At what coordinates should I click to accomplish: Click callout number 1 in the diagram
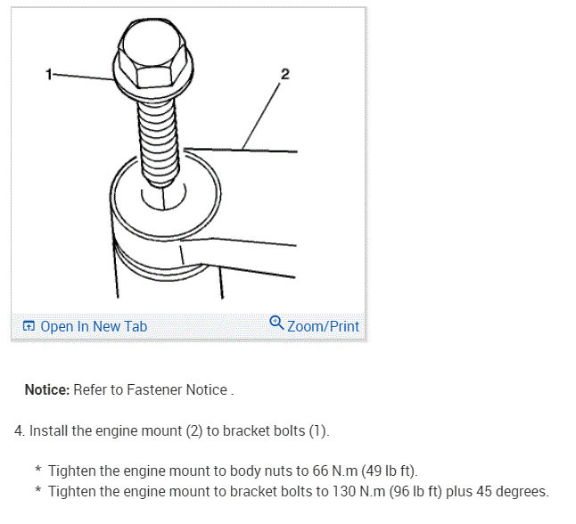[x=49, y=74]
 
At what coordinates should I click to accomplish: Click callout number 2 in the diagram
[x=284, y=74]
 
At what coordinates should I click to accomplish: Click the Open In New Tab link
[x=94, y=326]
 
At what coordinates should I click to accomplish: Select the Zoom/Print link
[x=323, y=326]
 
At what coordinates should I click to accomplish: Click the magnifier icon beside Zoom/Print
[x=276, y=324]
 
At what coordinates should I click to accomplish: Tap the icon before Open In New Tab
[x=29, y=327]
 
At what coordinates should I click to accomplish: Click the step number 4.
[x=19, y=430]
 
